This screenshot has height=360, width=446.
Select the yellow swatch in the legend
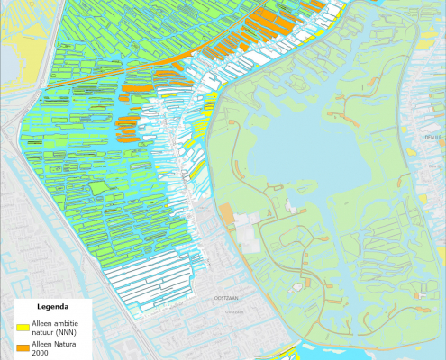[x=23, y=327]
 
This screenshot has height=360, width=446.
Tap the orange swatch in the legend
[x=23, y=347]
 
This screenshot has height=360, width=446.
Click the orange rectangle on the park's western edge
[x=226, y=214]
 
